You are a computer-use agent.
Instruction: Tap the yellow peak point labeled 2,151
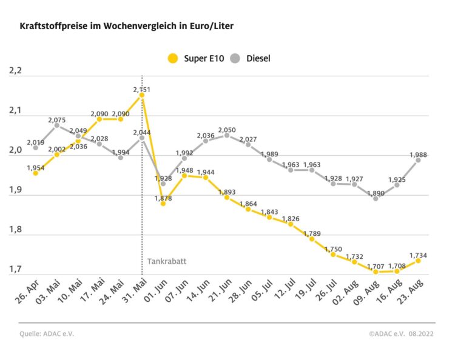[x=142, y=95]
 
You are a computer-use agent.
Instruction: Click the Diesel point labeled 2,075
[x=57, y=125]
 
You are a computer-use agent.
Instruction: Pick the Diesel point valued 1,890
[x=376, y=198]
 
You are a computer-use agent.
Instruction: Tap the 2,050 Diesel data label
[x=227, y=130]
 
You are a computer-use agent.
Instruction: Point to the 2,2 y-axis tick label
[x=15, y=72]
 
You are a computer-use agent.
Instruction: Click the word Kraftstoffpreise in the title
[x=51, y=27]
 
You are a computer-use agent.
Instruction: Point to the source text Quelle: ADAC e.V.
[x=45, y=334]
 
